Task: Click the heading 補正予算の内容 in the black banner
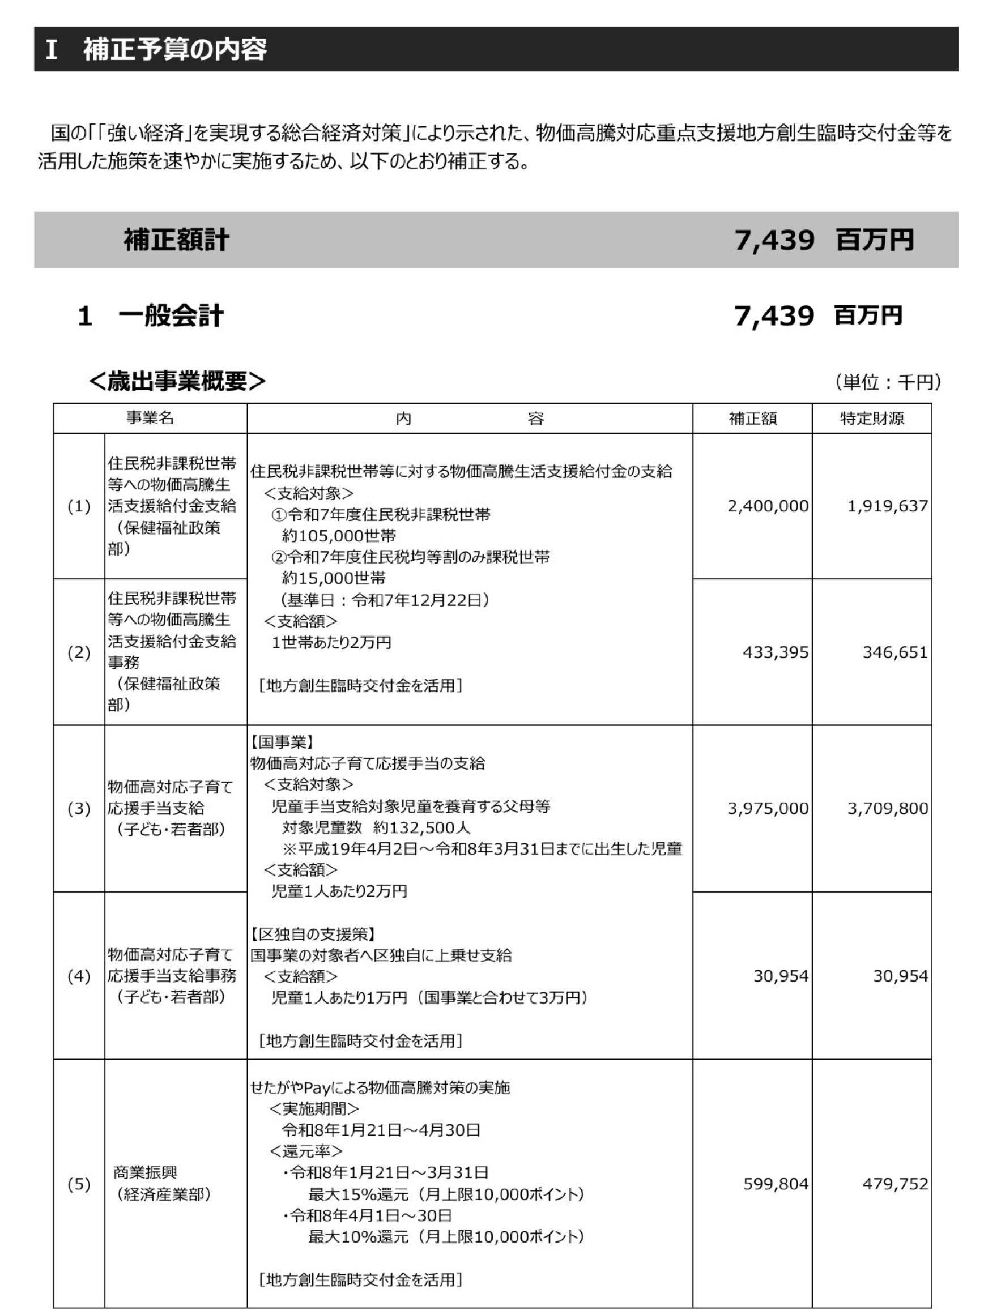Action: coord(174,49)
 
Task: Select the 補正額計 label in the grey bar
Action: coord(176,240)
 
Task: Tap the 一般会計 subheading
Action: coord(171,315)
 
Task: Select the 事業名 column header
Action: coord(150,418)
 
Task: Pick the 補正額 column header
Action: coord(752,419)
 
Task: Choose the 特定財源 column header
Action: coord(871,419)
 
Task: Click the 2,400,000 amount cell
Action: coord(768,506)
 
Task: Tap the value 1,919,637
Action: coord(888,506)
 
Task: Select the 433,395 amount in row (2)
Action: coord(776,652)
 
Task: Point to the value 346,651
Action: coord(894,652)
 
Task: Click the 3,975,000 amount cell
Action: coord(768,808)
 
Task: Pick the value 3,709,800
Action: coord(888,808)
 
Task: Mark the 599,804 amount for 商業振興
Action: coord(776,1183)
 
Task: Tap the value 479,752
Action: coord(894,1183)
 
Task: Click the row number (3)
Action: coord(79,809)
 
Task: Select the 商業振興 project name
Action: coord(145,1172)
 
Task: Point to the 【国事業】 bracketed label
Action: coord(282,742)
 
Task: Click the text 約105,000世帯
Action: coord(339,536)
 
